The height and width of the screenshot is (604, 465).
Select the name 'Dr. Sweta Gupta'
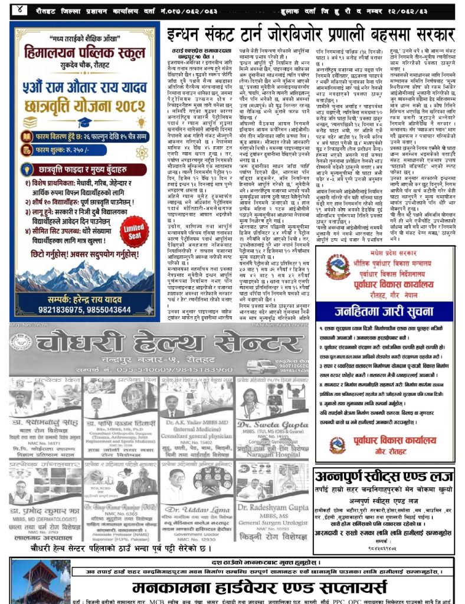[272, 425]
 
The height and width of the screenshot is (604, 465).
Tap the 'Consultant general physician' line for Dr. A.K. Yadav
[195, 436]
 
